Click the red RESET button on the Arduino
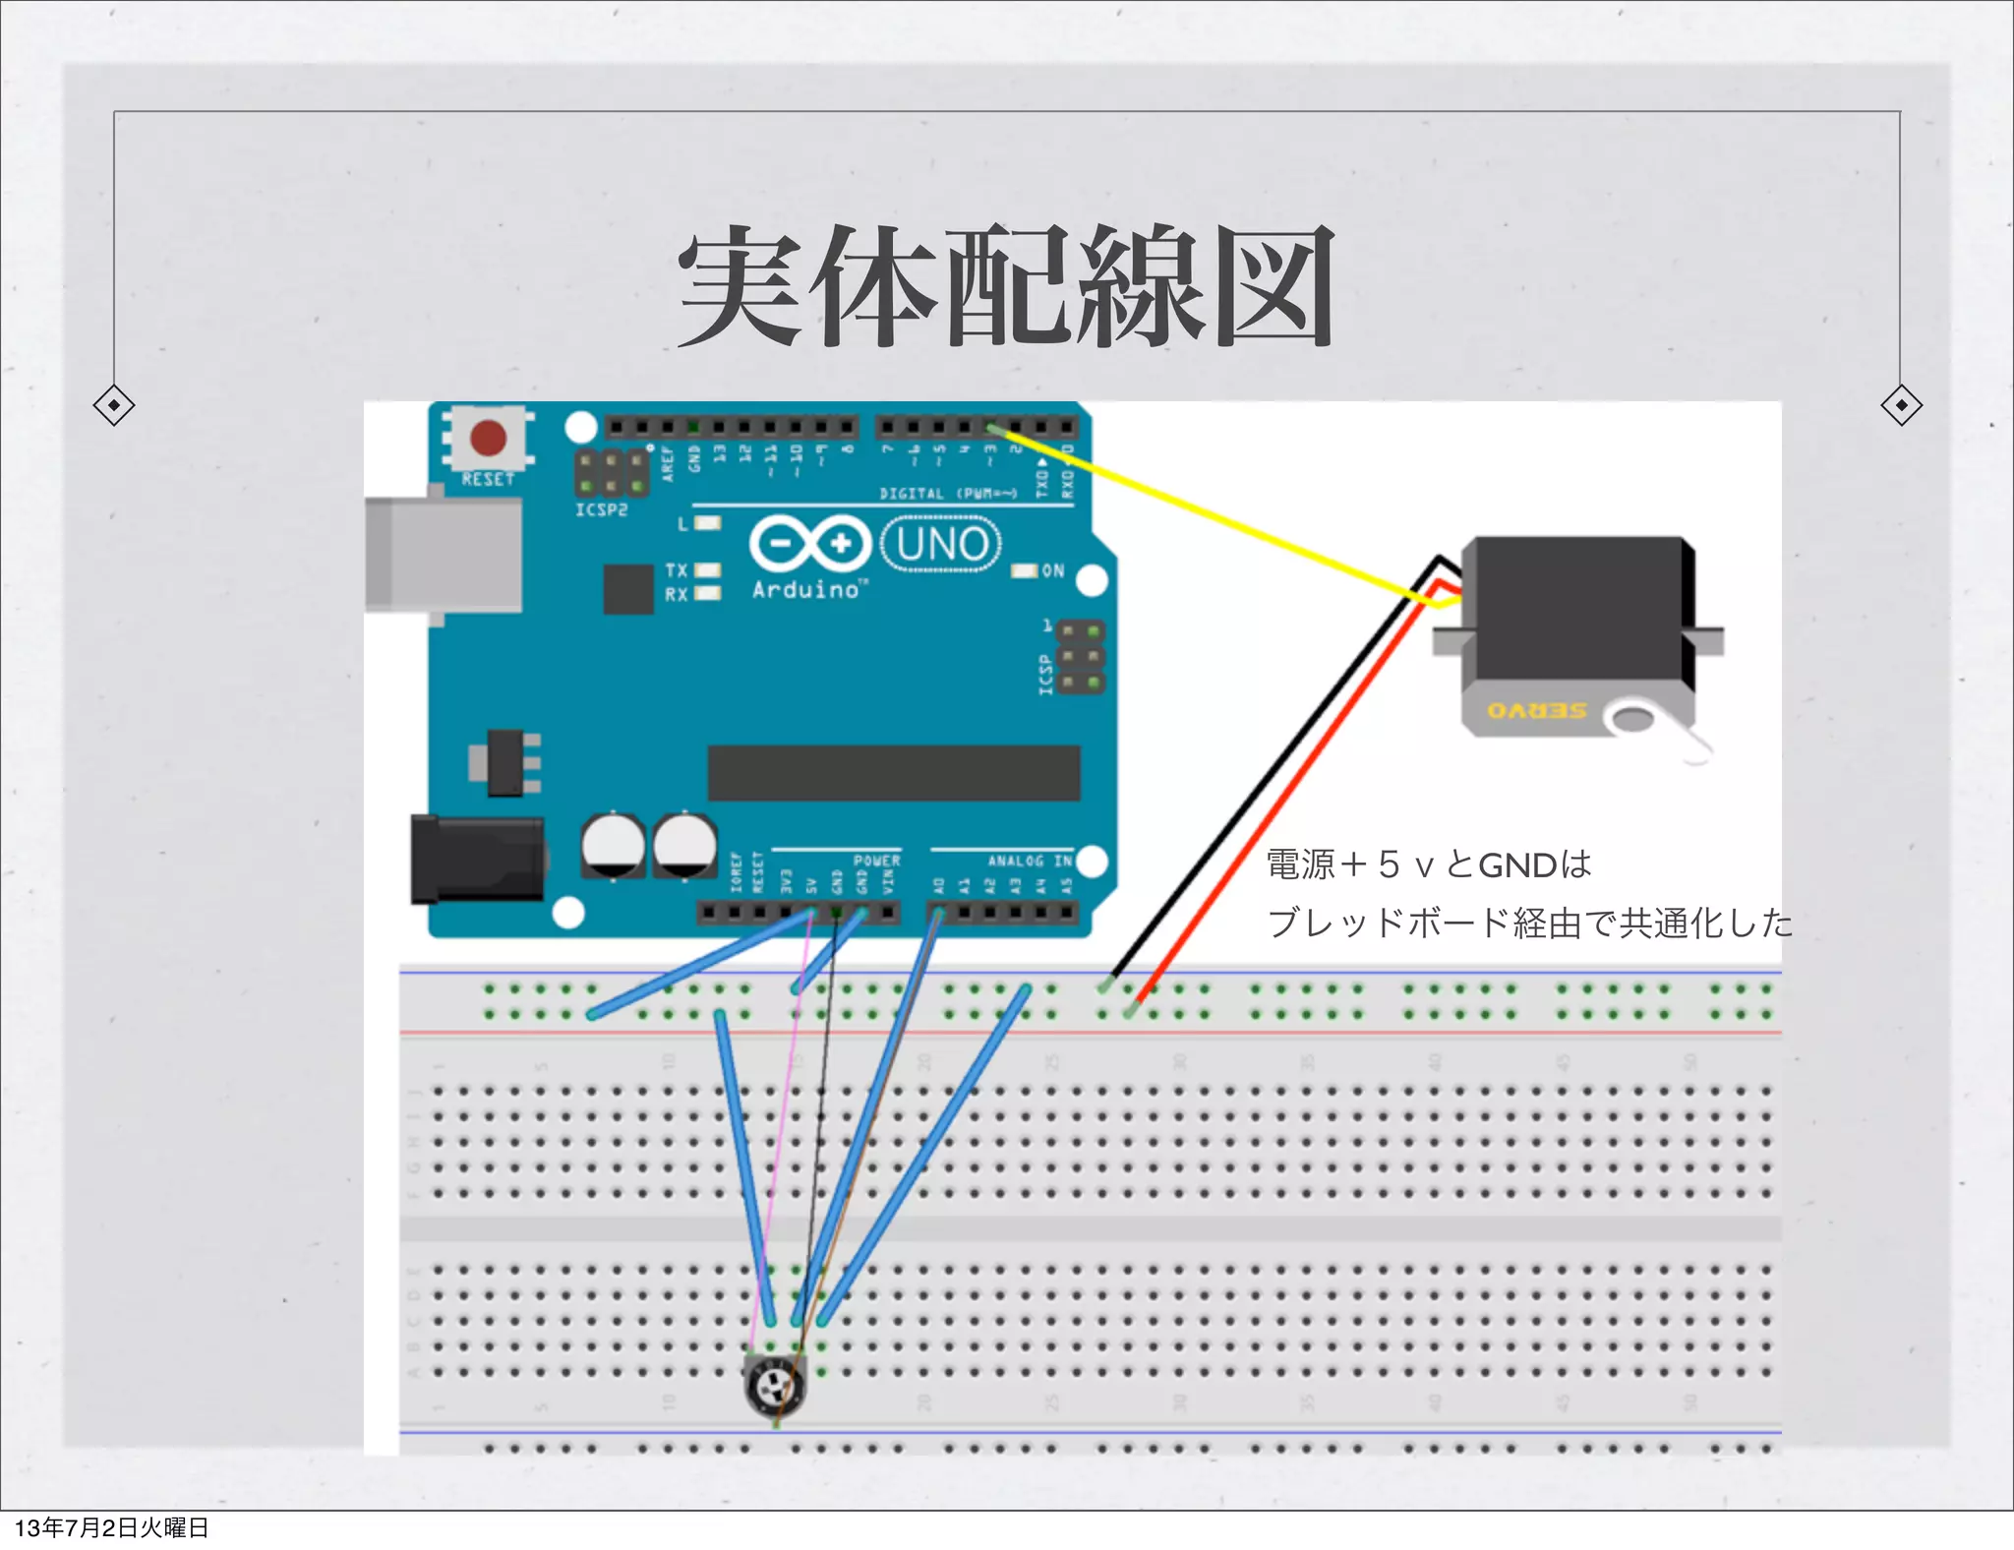(x=488, y=438)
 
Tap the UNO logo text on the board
(x=941, y=544)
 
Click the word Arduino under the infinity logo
(x=806, y=590)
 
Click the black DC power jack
(x=477, y=859)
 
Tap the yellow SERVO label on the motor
(x=1536, y=710)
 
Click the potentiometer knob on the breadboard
(x=776, y=1387)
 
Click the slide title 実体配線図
(x=1005, y=286)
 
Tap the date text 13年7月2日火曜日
(x=111, y=1527)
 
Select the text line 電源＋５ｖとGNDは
(x=1428, y=864)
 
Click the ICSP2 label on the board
(x=601, y=510)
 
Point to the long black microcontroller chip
(x=894, y=773)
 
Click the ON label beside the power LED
(x=1053, y=570)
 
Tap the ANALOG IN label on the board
(x=1030, y=861)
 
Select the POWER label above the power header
(x=876, y=861)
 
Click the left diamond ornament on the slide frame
(x=114, y=405)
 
